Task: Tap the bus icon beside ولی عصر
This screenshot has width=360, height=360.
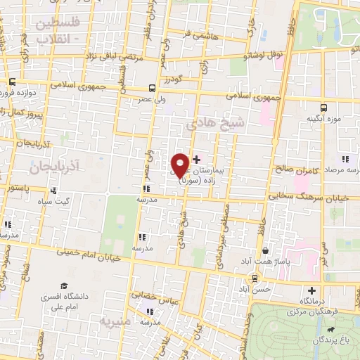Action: [x=153, y=88]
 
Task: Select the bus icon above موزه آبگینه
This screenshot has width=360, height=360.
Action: [x=323, y=108]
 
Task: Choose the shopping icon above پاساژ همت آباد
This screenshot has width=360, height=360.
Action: [x=265, y=250]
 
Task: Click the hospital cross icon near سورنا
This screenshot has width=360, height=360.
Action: [x=196, y=160]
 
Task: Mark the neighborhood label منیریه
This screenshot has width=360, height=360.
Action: [x=117, y=323]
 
